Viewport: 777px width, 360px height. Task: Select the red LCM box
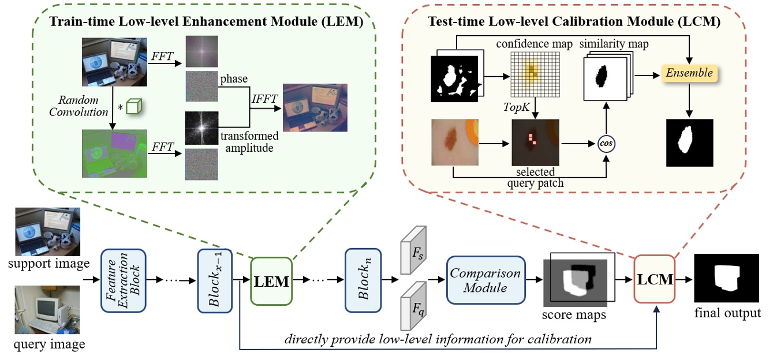[x=654, y=279]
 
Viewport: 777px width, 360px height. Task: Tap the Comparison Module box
[x=485, y=280]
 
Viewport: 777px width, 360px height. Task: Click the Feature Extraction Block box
[x=122, y=280]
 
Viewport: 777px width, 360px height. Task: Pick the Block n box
[x=362, y=280]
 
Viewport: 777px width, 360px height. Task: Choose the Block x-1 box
[x=214, y=280]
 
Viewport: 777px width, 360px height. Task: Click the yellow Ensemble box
[x=689, y=73]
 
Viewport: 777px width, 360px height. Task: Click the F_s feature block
[x=413, y=249]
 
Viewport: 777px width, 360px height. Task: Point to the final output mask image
[x=727, y=280]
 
